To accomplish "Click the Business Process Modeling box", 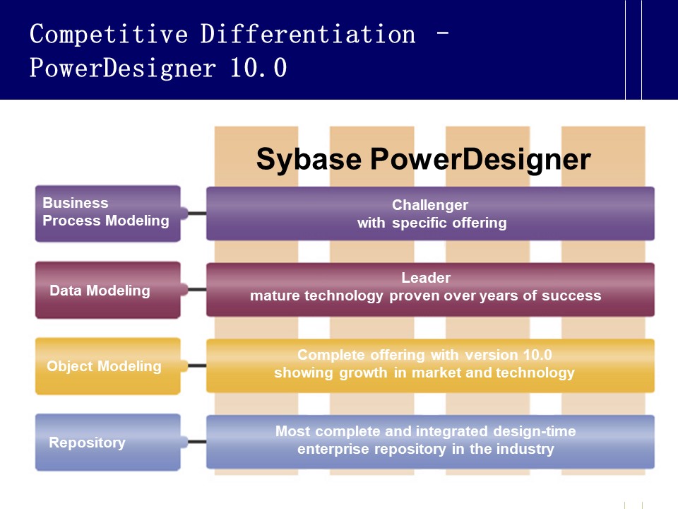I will [107, 213].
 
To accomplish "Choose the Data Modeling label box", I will [107, 290].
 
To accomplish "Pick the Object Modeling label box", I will [107, 366].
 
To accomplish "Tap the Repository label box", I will [107, 443].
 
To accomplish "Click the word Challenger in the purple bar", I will [429, 205].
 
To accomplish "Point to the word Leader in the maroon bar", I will [425, 278].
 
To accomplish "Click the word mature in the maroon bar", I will [274, 296].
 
